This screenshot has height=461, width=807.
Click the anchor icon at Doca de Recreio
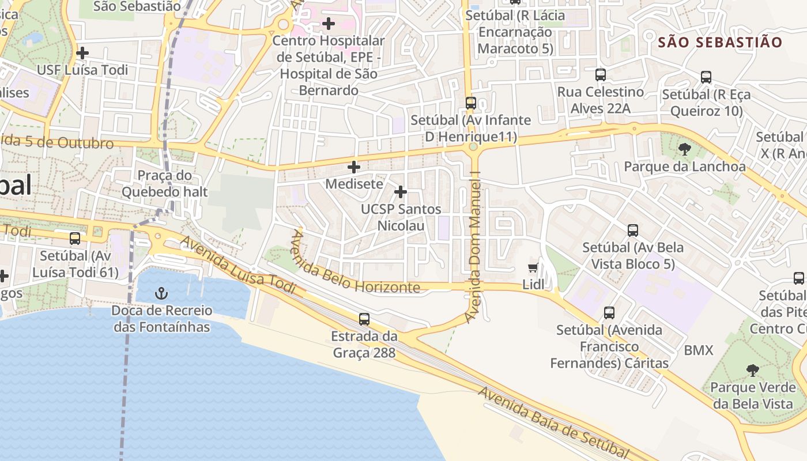click(x=161, y=294)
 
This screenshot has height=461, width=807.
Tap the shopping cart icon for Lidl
click(x=533, y=267)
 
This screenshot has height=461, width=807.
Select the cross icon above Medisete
click(x=354, y=167)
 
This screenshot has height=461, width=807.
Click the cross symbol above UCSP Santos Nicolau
click(x=401, y=192)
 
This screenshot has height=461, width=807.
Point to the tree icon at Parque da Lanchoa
click(x=685, y=149)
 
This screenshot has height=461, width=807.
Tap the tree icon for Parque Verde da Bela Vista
click(x=752, y=370)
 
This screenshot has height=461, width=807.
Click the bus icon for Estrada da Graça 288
click(x=364, y=319)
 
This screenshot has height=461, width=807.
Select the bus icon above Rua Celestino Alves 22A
click(x=601, y=75)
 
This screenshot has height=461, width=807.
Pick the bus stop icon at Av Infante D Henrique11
click(x=471, y=103)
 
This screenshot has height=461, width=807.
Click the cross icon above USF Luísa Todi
click(x=82, y=53)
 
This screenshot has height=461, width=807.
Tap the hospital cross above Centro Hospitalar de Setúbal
click(x=329, y=24)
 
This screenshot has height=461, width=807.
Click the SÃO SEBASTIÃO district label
click(x=720, y=42)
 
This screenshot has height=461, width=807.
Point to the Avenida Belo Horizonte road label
click(x=354, y=262)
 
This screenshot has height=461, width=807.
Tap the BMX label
click(x=699, y=350)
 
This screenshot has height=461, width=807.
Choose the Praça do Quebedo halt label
click(x=164, y=183)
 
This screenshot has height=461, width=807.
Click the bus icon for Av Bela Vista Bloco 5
click(x=633, y=231)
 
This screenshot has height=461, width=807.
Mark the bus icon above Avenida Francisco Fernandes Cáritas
click(x=609, y=313)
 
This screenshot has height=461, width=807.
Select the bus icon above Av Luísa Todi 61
click(x=75, y=239)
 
